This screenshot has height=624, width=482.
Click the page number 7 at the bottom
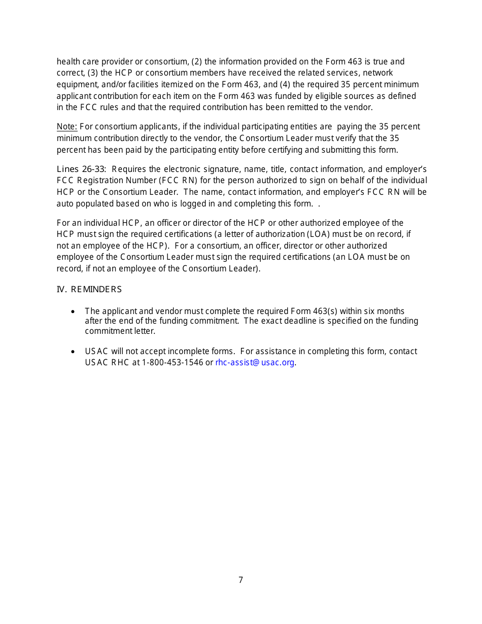(240, 580)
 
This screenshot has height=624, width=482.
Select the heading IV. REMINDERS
(89, 290)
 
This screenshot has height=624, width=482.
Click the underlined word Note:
(67, 127)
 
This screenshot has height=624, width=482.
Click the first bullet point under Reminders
(74, 311)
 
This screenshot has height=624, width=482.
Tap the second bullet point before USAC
(74, 352)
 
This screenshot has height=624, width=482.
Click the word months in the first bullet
(391, 311)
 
